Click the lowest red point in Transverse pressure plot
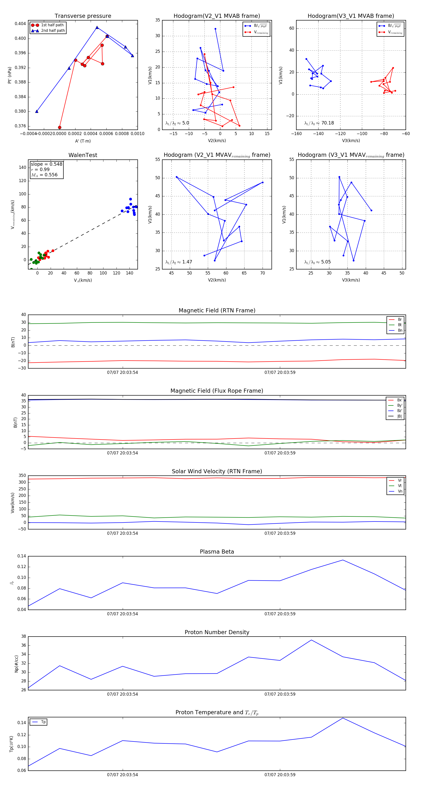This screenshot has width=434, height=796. (x=60, y=127)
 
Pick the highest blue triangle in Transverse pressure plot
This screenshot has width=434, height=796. (x=97, y=27)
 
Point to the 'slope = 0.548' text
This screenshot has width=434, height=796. (x=46, y=164)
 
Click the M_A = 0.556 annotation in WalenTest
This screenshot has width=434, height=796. (x=44, y=175)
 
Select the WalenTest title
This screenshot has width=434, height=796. (x=83, y=155)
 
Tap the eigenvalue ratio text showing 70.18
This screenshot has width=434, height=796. (x=319, y=123)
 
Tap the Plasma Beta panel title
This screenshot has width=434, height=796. (x=217, y=552)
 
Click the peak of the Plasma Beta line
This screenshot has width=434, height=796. (x=343, y=560)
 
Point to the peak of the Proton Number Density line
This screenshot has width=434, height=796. (x=311, y=640)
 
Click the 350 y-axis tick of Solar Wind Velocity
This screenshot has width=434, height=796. (x=22, y=476)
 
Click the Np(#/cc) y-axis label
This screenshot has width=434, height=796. (x=16, y=664)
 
